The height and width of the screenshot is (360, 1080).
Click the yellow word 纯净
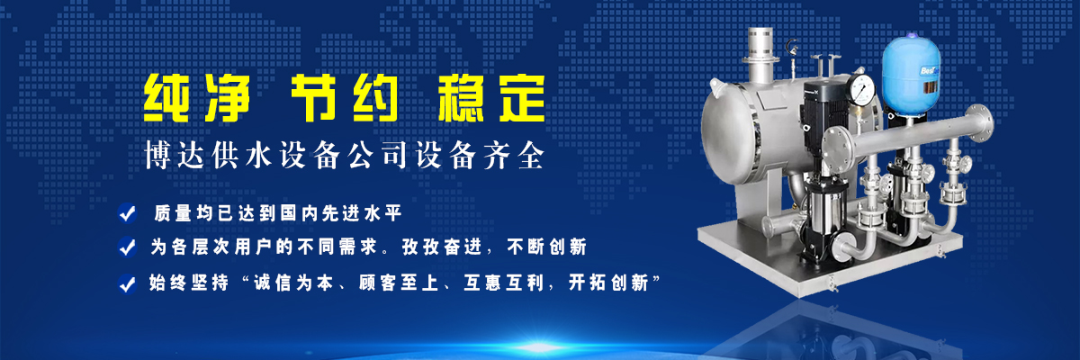197,98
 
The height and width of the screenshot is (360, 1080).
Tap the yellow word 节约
345,98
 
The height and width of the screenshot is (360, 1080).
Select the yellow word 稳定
491,98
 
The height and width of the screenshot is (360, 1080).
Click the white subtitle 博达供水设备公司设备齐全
344,155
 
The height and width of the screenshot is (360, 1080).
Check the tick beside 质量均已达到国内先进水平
127,213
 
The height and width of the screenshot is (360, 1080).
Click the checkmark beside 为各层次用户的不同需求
127,247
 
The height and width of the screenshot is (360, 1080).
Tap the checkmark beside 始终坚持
127,283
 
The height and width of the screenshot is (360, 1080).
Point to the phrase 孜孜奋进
442,247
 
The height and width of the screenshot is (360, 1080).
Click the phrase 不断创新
547,247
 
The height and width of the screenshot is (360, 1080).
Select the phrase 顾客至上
399,283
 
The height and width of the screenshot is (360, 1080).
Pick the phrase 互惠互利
504,283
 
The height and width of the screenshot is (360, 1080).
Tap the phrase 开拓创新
608,283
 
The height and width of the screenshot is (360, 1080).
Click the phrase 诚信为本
293,283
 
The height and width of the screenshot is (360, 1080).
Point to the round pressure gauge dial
862,90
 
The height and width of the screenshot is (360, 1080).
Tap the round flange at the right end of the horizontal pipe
979,124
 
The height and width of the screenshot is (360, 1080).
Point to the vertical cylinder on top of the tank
760,54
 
